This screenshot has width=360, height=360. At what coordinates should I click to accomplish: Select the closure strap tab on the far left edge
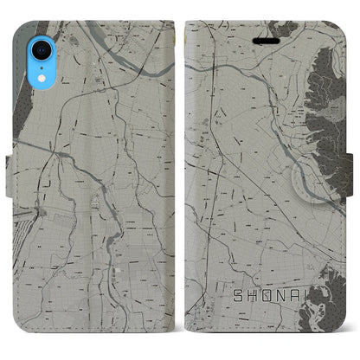click(5, 182)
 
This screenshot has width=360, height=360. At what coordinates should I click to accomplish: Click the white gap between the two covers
click(179, 182)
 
